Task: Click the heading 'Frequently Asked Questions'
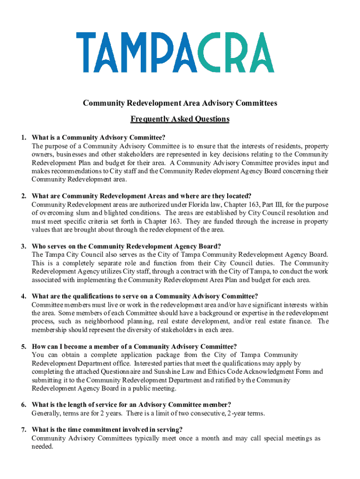tap(180, 119)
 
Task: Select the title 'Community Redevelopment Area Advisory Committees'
tap(180, 103)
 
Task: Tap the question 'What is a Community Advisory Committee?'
tap(99, 138)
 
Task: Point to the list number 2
tap(23, 196)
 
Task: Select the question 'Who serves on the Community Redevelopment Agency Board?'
tap(126, 246)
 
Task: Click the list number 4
tap(23, 296)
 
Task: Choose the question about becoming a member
tap(134, 347)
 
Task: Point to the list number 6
tap(23, 405)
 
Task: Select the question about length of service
tap(131, 405)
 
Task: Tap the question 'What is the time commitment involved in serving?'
tap(107, 430)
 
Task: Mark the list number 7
tap(23, 430)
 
